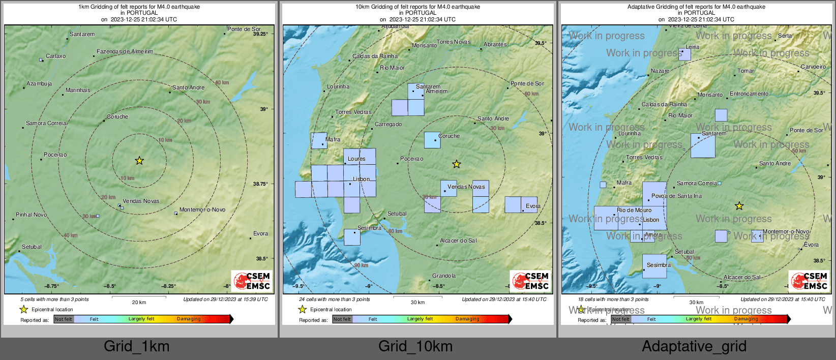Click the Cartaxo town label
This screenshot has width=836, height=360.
[55, 56]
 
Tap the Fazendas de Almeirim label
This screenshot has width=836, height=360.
[125, 51]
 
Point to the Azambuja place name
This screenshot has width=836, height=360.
[39, 83]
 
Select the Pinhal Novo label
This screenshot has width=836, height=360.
[31, 215]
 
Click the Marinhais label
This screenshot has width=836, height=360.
[78, 90]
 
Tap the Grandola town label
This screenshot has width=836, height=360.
[444, 276]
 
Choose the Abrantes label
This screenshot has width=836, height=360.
[495, 44]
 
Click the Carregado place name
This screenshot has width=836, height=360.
[388, 124]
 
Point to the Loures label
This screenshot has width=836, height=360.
[356, 159]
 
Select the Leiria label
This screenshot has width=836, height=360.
[692, 47]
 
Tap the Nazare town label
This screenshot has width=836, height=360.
[660, 71]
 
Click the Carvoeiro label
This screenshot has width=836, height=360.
[813, 67]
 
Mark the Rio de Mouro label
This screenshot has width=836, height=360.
[634, 210]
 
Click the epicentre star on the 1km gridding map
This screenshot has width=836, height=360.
[139, 161]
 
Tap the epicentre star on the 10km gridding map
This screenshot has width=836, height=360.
[457, 164]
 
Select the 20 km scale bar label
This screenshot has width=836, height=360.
[139, 303]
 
